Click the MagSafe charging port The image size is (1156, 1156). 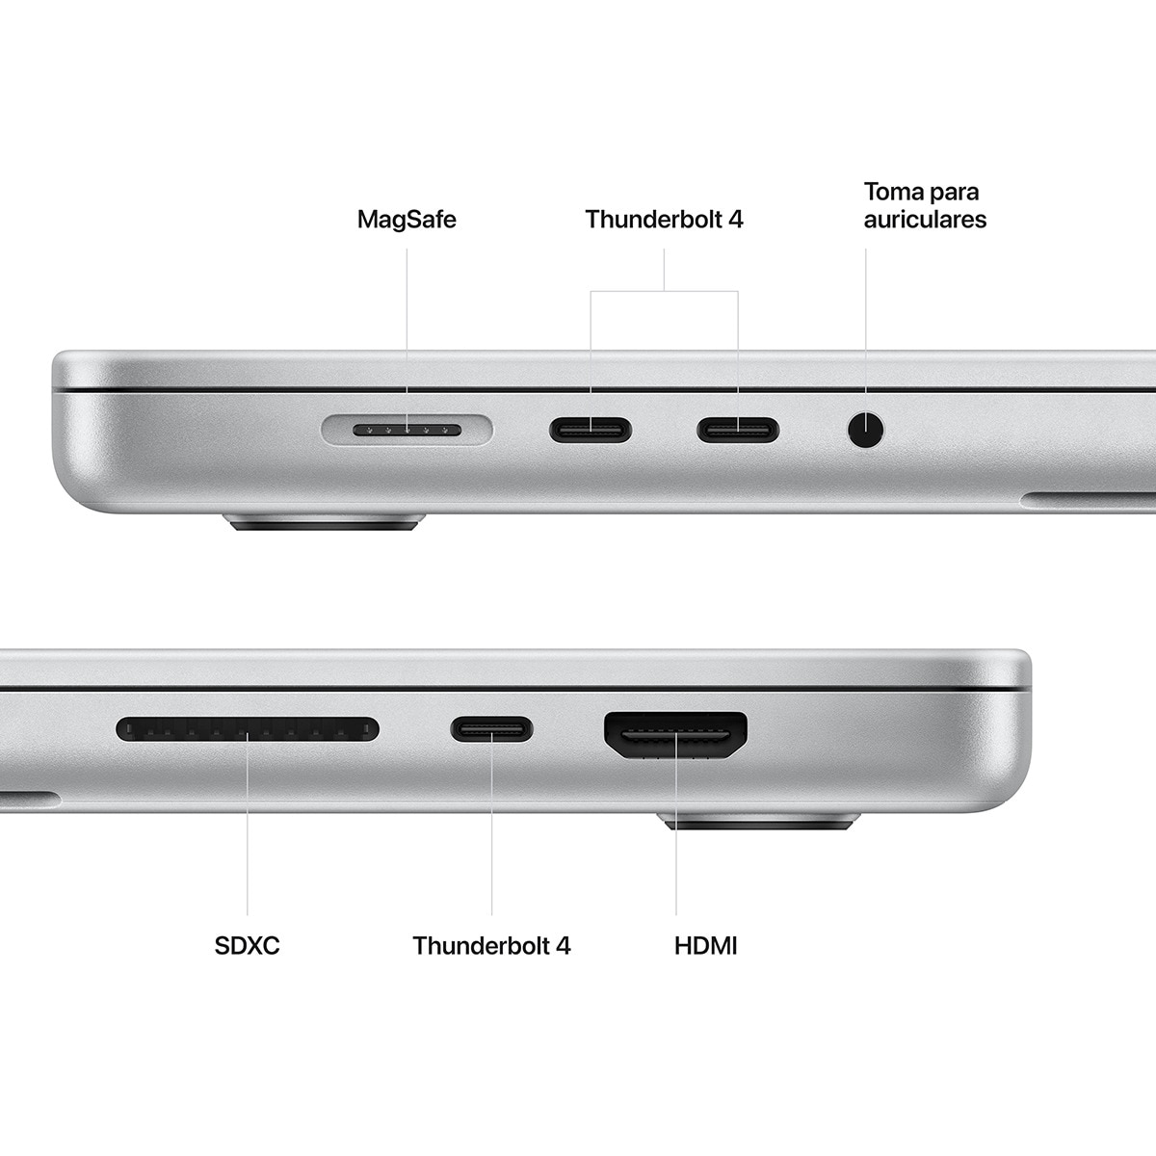pos(407,430)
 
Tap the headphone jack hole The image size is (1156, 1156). pos(865,430)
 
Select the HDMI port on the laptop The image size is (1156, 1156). pos(675,734)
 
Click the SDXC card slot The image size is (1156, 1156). pos(248,729)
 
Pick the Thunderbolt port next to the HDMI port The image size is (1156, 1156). pos(491,729)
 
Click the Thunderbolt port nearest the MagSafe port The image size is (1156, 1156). pos(591,430)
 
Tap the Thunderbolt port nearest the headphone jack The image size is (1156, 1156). pos(738,430)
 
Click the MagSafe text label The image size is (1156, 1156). pos(407,220)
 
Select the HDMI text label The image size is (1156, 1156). pos(706,946)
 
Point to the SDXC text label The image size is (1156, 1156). pos(248,946)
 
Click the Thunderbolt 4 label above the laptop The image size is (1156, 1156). pos(665,220)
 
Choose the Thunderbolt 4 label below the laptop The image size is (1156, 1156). pos(491,946)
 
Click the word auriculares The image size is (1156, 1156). pos(925,220)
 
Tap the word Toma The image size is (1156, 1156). pos(893,192)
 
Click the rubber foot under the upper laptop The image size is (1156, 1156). pos(324,524)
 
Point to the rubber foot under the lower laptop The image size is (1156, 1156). pos(759,822)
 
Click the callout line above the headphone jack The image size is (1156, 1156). pos(865,318)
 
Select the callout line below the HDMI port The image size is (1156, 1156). pos(675,867)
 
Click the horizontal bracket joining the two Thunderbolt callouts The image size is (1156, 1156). pos(665,291)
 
